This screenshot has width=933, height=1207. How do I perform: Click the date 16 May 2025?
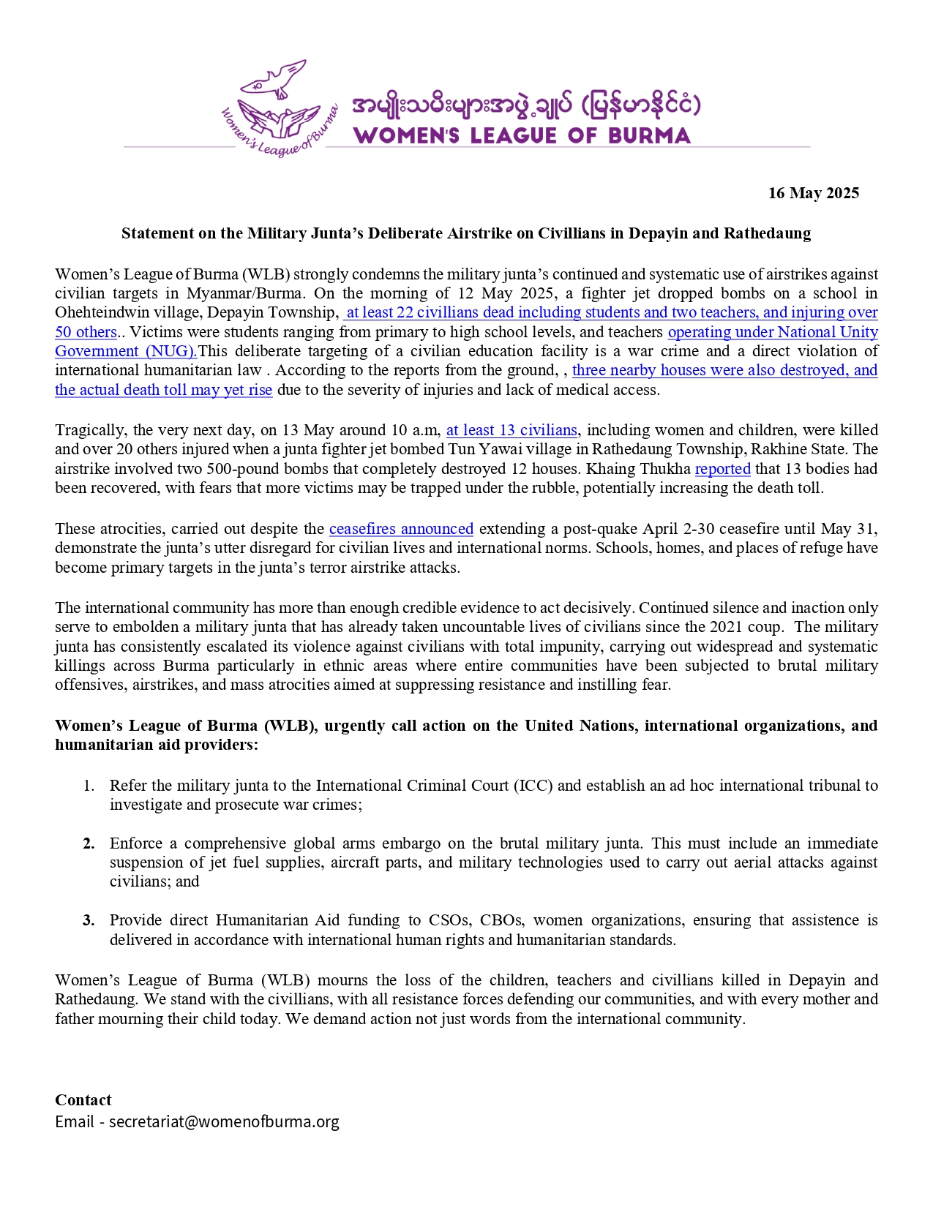tap(813, 193)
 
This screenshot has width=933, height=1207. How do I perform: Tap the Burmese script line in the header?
tap(525, 106)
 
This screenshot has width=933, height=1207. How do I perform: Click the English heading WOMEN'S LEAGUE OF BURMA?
tap(522, 136)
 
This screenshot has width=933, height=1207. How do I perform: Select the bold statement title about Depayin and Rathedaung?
tap(466, 233)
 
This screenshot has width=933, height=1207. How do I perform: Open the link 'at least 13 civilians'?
tap(512, 430)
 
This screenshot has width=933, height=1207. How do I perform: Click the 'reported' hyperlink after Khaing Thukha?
tap(722, 469)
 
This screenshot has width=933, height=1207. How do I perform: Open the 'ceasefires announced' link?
tap(401, 529)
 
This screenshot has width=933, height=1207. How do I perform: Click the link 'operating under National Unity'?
tap(773, 332)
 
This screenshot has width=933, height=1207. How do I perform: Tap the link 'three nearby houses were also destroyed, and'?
tap(724, 370)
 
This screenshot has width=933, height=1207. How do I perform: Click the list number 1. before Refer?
tap(89, 786)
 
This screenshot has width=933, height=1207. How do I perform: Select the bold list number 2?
tap(89, 843)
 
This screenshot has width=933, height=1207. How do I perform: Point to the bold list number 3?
tap(89, 920)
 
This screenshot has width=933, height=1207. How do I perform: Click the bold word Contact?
tap(83, 1100)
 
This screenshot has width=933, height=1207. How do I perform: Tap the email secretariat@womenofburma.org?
tap(224, 1122)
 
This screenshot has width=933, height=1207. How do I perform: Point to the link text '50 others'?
tap(86, 332)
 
